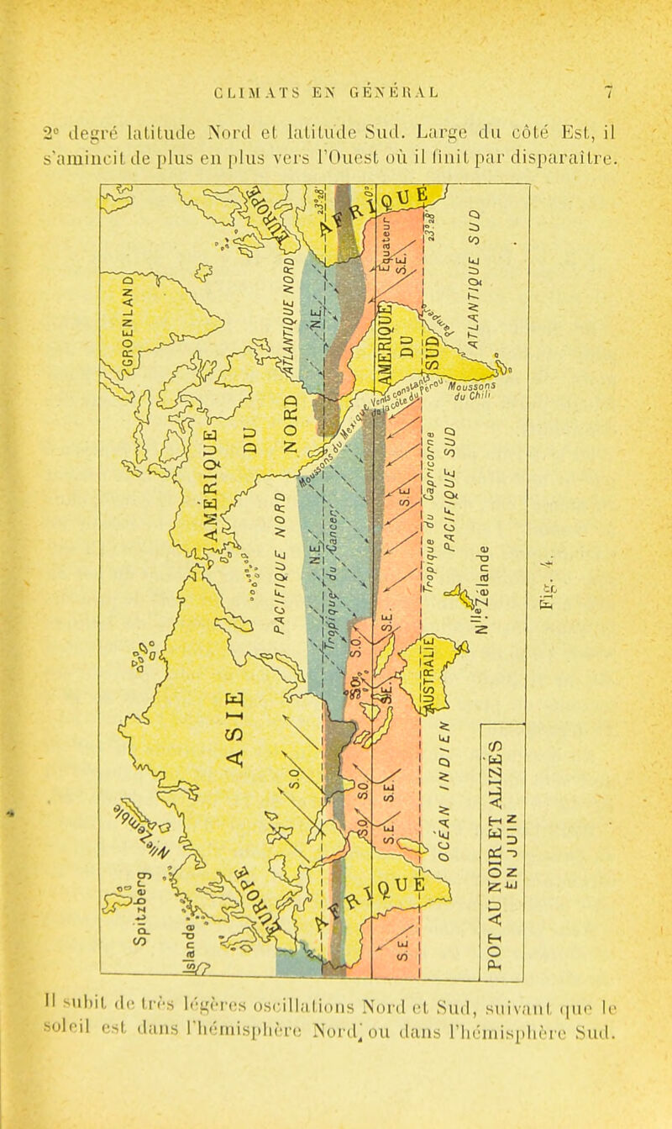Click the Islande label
coord(193,932)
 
